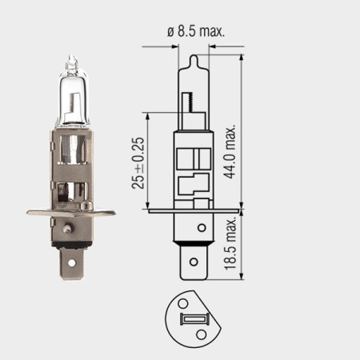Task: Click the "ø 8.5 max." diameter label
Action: (195, 32)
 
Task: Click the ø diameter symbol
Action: (170, 32)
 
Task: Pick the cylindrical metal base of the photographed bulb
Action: (70, 168)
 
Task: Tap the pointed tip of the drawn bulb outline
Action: (192, 56)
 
